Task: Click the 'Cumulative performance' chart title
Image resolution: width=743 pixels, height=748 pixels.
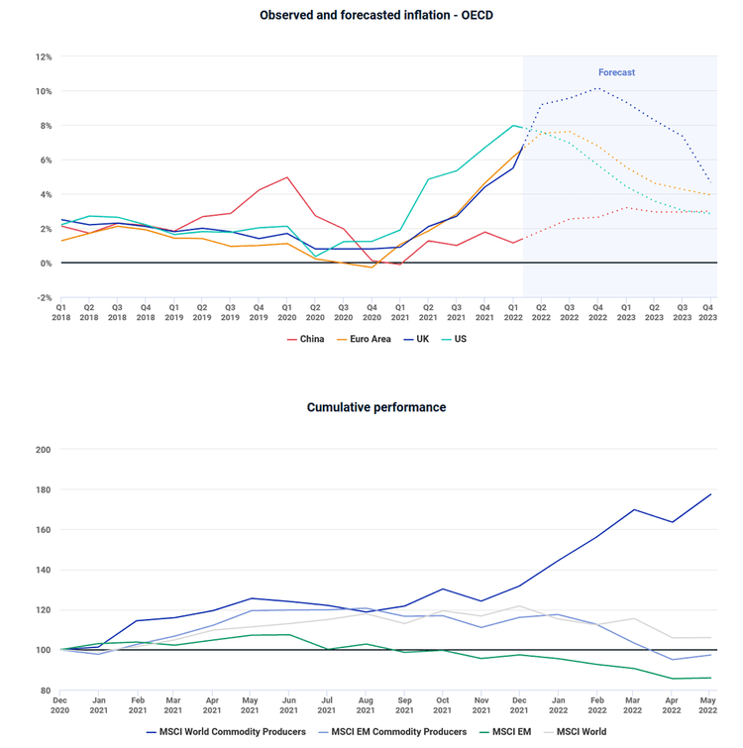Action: pyautogui.click(x=375, y=407)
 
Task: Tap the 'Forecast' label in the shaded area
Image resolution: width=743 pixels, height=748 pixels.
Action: pyautogui.click(x=616, y=72)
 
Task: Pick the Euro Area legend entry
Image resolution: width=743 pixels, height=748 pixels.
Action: pyautogui.click(x=364, y=339)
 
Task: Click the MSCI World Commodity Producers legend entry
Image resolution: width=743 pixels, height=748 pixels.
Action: pyautogui.click(x=226, y=732)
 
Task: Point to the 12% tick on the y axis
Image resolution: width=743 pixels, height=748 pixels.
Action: pyautogui.click(x=44, y=56)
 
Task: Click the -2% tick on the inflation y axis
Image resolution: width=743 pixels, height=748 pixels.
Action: pyautogui.click(x=44, y=297)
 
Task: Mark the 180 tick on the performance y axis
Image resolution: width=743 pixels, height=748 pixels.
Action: pyautogui.click(x=43, y=489)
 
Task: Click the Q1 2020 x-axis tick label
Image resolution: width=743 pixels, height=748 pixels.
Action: pyautogui.click(x=286, y=311)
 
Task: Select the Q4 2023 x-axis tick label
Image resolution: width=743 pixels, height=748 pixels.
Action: pyautogui.click(x=709, y=311)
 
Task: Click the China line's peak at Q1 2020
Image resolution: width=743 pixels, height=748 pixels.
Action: pyautogui.click(x=286, y=177)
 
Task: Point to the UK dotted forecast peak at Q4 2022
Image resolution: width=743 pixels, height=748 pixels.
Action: pyautogui.click(x=596, y=88)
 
